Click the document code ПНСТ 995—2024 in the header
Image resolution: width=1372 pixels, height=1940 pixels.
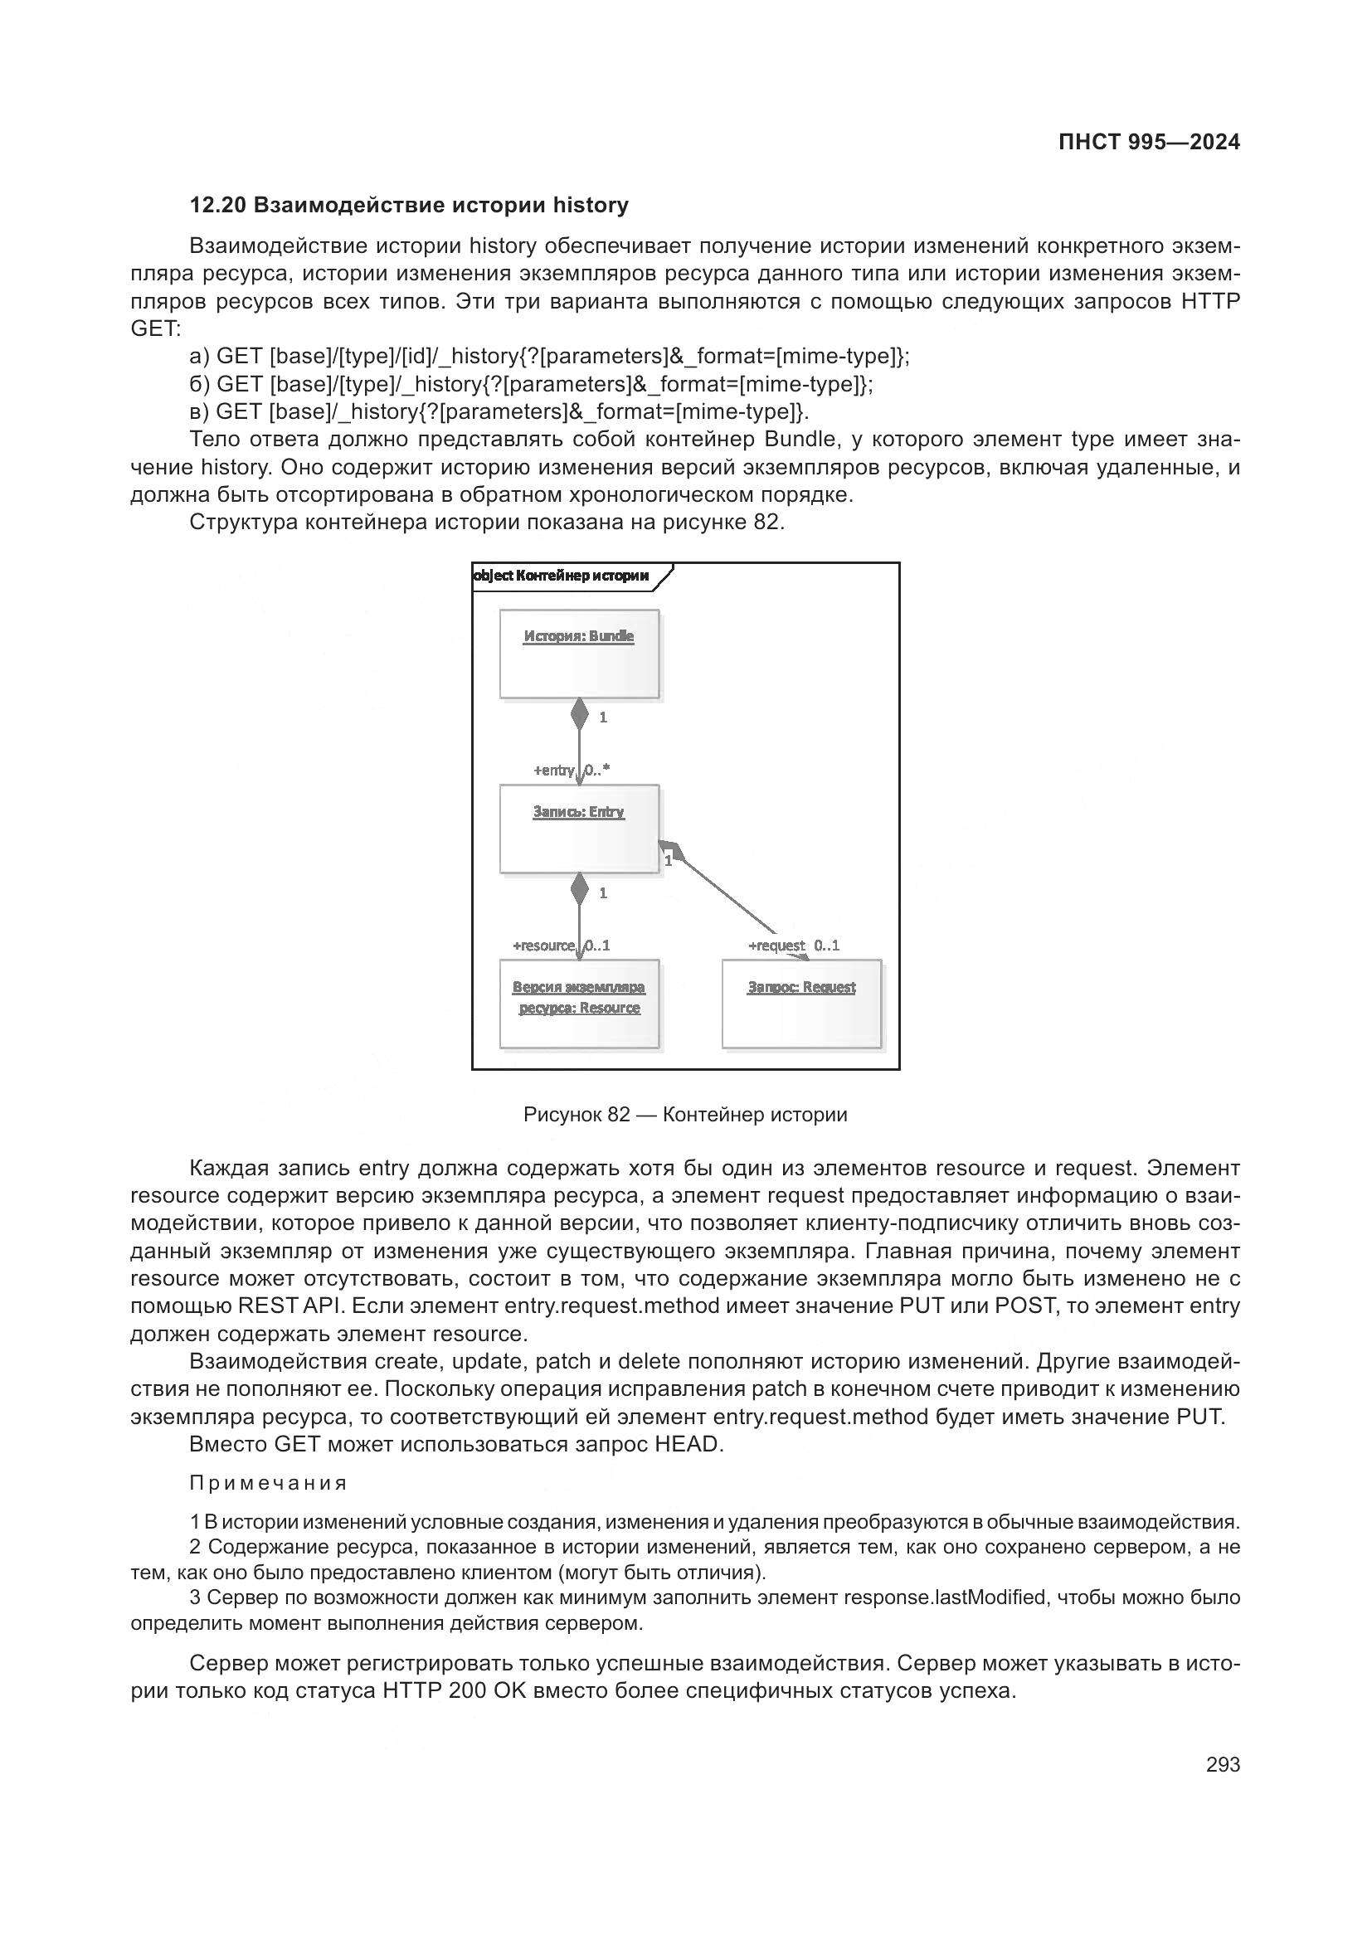[x=1148, y=142]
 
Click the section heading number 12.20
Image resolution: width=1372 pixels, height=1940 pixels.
[x=218, y=206]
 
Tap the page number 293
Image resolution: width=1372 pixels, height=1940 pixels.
[x=1223, y=1764]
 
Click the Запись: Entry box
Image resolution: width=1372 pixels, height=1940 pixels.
[x=579, y=829]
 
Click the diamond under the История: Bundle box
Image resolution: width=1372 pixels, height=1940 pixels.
[x=579, y=714]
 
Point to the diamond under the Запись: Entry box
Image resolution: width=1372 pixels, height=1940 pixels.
[x=579, y=889]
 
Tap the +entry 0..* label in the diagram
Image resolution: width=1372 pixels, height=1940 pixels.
[x=571, y=770]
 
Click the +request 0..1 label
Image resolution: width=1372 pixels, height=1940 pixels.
[x=793, y=946]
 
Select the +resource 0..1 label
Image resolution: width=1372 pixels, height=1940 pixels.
[x=561, y=946]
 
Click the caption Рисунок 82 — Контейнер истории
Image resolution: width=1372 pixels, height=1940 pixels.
[x=685, y=1115]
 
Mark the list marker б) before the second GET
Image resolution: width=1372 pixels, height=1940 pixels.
[x=200, y=385]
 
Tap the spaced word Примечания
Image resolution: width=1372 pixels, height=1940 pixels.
[x=269, y=1483]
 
